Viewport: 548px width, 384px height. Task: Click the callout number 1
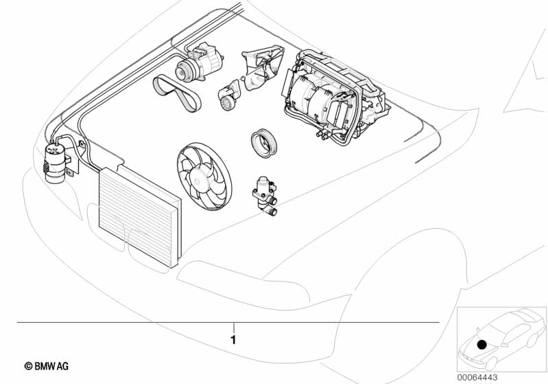pyautogui.click(x=233, y=339)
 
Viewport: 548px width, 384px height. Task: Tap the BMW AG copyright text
pyautogui.click(x=47, y=366)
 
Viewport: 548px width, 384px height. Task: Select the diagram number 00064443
pyautogui.click(x=477, y=377)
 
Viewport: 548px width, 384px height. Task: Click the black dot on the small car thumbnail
pyautogui.click(x=482, y=344)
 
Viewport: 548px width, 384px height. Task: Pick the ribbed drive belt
pyautogui.click(x=176, y=93)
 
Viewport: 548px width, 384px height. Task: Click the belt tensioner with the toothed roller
pyautogui.click(x=229, y=96)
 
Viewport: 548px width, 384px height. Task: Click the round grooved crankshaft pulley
pyautogui.click(x=264, y=143)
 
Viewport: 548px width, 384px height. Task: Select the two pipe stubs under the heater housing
pyautogui.click(x=322, y=135)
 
